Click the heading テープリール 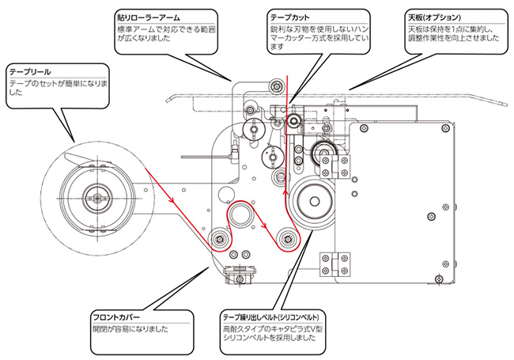pos(29,72)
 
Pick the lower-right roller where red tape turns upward pos(287,236)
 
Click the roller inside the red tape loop pos(243,214)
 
